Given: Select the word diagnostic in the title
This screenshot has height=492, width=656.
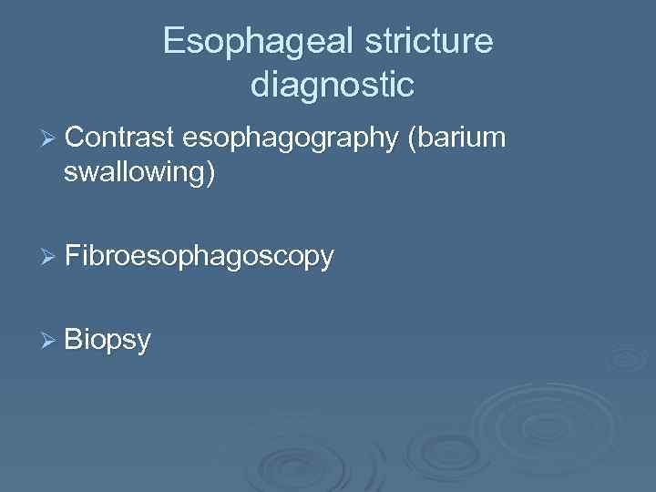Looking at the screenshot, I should coord(332,85).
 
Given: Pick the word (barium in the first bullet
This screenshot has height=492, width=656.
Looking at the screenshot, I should coord(457,139).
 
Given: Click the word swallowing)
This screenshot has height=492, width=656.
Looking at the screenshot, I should coord(139,172).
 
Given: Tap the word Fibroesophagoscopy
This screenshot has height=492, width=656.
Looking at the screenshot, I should coord(200,258).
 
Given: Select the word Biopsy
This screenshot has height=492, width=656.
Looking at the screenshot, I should coord(108,342).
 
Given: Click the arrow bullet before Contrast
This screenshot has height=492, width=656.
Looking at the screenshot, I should coord(51,139).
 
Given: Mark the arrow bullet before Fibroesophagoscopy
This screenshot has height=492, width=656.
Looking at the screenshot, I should coord(51,257).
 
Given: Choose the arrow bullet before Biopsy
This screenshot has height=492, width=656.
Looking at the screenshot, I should coord(51,341).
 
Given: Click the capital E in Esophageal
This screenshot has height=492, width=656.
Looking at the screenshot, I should coord(173,41).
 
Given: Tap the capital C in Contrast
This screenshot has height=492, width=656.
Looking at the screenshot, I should coord(75,138).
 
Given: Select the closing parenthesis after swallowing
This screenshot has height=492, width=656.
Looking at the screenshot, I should coord(211,172).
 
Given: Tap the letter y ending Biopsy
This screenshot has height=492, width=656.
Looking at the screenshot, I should coord(143,344).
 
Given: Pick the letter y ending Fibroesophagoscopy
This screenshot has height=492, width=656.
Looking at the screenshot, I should coord(326,261).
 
